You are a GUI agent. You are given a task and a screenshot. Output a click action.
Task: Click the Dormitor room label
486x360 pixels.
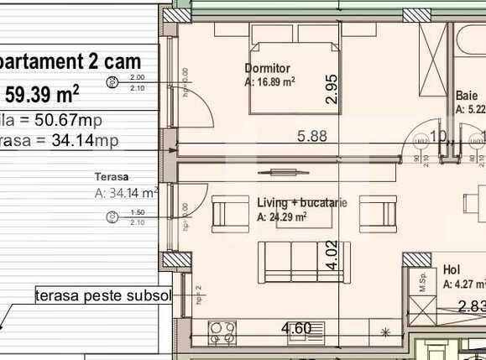tap(267, 68)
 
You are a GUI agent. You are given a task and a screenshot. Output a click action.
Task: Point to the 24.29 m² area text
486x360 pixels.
tap(281, 217)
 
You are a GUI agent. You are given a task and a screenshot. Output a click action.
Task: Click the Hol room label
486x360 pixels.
tap(451, 271)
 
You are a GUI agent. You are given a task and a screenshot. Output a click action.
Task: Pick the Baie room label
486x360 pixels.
tap(467, 96)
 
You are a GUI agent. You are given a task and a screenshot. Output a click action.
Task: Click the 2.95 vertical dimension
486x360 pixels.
tap(332, 89)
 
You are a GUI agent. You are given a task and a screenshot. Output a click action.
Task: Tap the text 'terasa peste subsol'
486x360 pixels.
tap(103, 296)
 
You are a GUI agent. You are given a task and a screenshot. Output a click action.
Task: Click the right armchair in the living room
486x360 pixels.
tap(378, 213)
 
